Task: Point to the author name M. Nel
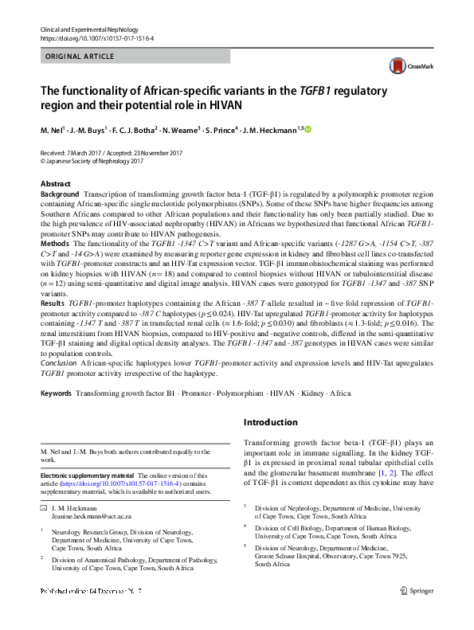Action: (53, 129)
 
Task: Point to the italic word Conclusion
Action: (59, 362)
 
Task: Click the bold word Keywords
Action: (57, 394)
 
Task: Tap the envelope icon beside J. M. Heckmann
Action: (44, 507)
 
